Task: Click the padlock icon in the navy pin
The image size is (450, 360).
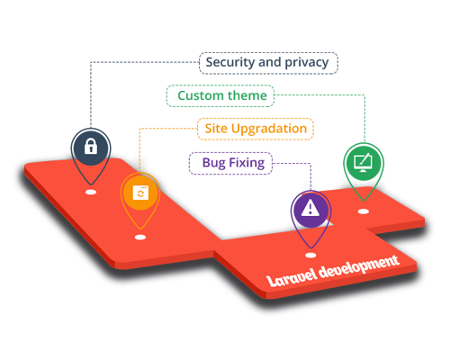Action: tap(91, 146)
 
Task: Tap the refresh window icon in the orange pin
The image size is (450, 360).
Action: tap(140, 193)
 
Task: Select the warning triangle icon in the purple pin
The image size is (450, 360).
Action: tap(310, 208)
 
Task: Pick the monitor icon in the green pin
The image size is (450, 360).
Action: tap(363, 163)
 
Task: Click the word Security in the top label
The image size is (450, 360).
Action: tap(230, 62)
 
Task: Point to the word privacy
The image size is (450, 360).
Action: tap(307, 63)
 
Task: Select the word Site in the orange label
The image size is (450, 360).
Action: tap(216, 129)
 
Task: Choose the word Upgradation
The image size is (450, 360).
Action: tap(269, 129)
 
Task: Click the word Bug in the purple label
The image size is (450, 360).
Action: tap(214, 163)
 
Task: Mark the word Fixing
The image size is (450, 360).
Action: tap(247, 163)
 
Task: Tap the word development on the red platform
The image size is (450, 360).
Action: tap(359, 265)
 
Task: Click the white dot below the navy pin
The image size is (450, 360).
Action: tap(91, 192)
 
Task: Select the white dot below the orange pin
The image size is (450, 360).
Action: tap(140, 238)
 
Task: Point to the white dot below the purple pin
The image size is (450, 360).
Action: tap(310, 256)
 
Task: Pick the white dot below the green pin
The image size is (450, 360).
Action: tap(364, 211)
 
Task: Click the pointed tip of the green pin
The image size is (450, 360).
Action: tap(364, 200)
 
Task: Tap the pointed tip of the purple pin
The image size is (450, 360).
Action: tap(311, 247)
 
